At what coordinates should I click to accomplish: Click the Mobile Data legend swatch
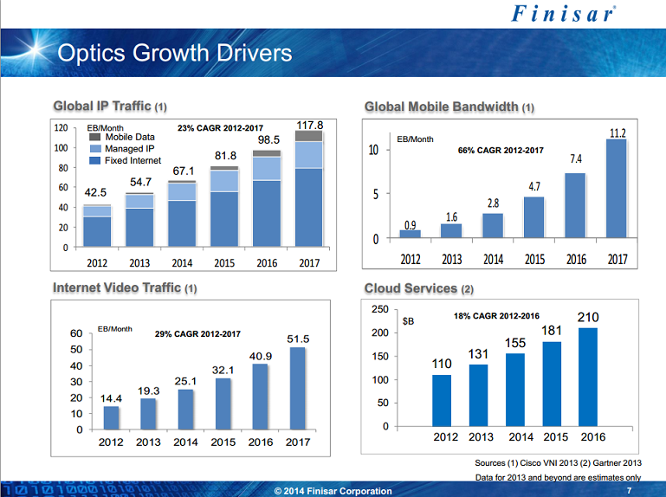pos(95,137)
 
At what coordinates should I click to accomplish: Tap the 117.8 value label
pos(308,125)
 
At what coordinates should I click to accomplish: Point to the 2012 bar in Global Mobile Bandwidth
pos(410,234)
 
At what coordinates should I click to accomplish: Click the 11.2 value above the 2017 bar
pos(618,132)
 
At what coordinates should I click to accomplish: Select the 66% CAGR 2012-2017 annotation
pos(500,151)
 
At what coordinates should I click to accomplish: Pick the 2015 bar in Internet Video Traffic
pos(223,403)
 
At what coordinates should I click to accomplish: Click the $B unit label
pos(409,322)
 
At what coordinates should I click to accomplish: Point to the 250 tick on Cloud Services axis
pos(378,310)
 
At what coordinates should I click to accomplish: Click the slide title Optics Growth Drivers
pos(174,54)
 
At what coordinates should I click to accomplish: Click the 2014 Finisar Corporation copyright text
pos(333,491)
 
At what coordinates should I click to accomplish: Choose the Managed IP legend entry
pos(129,149)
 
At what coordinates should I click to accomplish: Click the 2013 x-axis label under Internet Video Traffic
pos(148,442)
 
